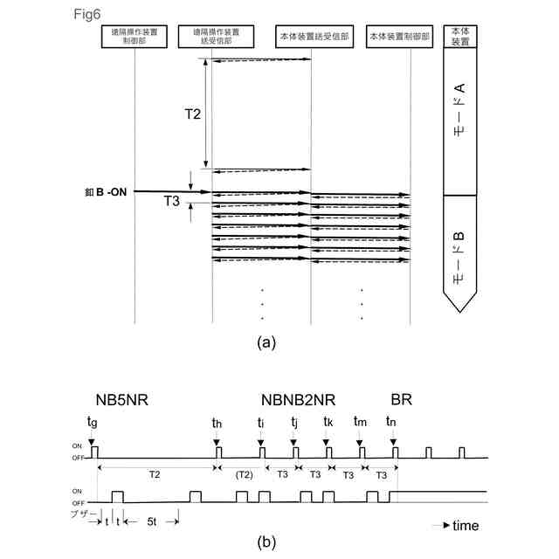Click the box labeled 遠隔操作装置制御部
coord(135,38)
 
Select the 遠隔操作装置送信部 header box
coord(211,38)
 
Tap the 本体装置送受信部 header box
coord(311,38)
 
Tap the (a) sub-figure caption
coord(267,342)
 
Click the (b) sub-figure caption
coord(267,542)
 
